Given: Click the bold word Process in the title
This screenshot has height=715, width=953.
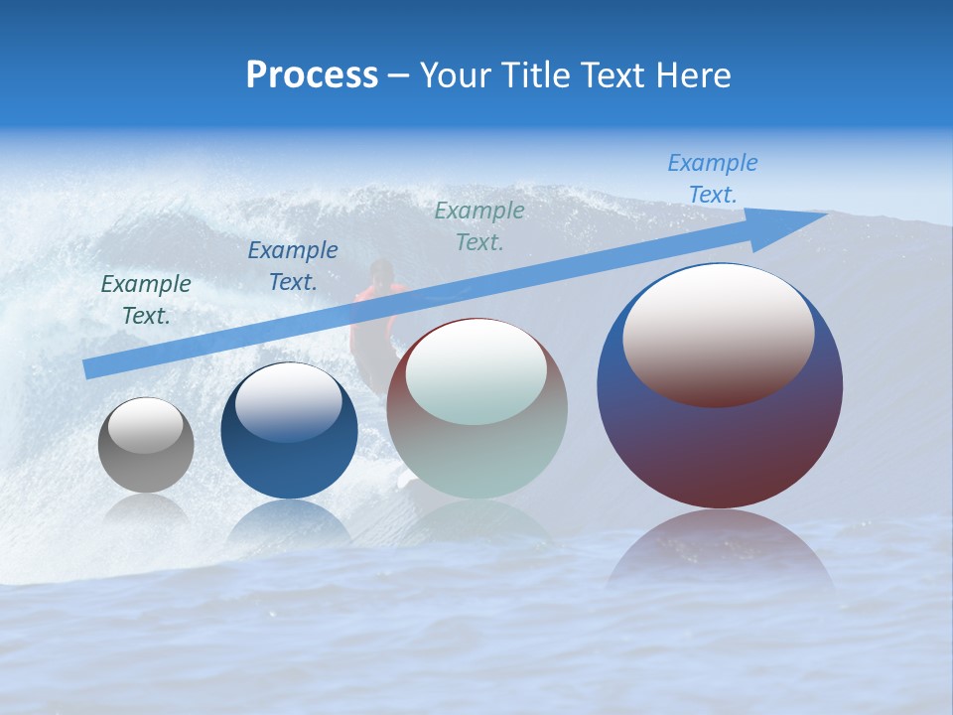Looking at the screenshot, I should click(x=312, y=75).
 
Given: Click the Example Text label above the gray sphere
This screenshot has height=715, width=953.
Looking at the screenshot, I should click(x=146, y=300).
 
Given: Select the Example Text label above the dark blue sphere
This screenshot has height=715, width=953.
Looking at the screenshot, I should click(x=293, y=266).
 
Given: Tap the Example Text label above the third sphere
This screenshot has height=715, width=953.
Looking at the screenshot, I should click(x=479, y=225).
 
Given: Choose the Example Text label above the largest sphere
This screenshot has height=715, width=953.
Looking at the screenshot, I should click(x=713, y=179).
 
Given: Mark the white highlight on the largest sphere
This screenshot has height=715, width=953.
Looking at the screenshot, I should click(x=719, y=333).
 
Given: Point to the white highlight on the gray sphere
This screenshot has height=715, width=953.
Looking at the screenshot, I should click(x=146, y=425).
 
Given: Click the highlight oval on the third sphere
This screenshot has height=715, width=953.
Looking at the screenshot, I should click(x=476, y=371).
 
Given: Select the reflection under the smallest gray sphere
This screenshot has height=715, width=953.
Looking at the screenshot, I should click(x=146, y=510).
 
